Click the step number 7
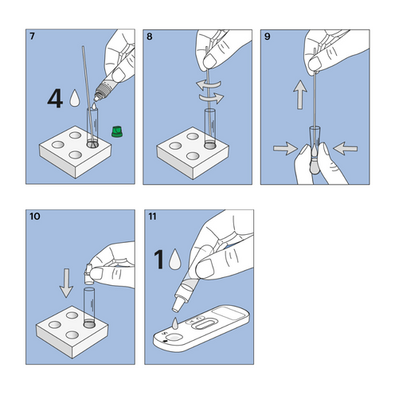(x=32, y=37)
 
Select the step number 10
(x=34, y=217)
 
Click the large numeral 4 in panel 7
(x=54, y=99)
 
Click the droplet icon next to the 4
(x=75, y=99)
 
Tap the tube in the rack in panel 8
(x=210, y=127)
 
